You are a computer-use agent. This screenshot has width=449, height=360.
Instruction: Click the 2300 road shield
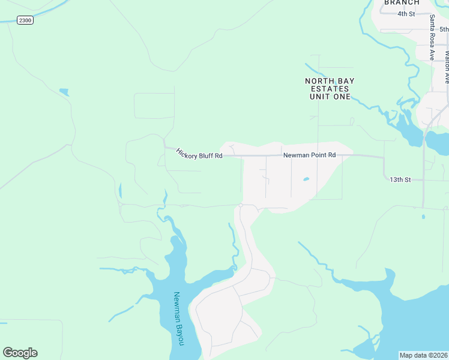(x=25, y=20)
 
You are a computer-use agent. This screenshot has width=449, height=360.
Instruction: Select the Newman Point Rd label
(x=309, y=155)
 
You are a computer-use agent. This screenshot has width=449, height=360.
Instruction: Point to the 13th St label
(x=399, y=179)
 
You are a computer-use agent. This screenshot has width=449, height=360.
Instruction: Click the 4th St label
(x=406, y=14)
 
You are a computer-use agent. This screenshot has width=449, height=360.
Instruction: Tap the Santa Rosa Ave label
(x=432, y=37)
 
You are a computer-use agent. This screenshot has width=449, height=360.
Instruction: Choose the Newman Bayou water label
(x=178, y=319)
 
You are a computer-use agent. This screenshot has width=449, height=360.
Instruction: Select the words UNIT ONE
(x=330, y=97)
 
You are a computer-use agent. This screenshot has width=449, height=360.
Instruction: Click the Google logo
(x=20, y=353)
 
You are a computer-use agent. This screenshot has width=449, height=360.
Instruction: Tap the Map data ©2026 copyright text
(x=423, y=355)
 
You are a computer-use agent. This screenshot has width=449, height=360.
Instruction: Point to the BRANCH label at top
(x=402, y=2)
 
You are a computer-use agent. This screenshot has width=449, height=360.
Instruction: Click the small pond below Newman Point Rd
(x=307, y=179)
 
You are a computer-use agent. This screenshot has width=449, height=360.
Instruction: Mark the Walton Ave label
(x=447, y=66)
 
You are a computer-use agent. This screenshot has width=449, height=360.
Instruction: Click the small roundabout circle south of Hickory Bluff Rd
(x=240, y=205)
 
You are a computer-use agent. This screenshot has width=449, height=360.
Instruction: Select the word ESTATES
(x=330, y=89)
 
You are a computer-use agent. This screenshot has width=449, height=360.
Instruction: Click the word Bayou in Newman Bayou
(x=179, y=334)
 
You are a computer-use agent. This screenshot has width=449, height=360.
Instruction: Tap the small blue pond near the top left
(x=64, y=92)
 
